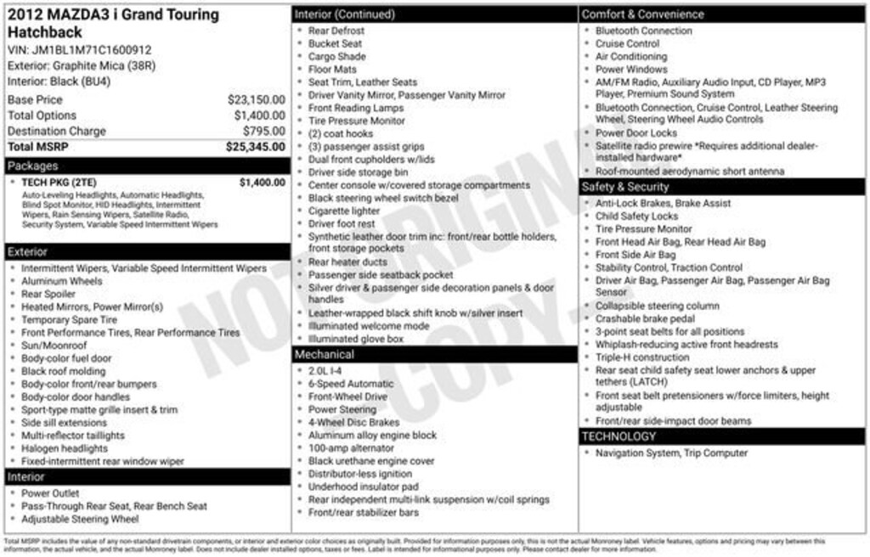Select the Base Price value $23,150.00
pos(256,99)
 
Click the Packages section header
pos(32,166)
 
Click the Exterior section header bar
pos(29,252)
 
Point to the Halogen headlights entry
pos(65,448)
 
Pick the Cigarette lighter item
pos(344,211)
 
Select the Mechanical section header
pos(325,354)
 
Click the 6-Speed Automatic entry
pos(351,384)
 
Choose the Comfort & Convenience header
pos(642,14)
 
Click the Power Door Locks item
pos(636,133)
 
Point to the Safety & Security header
pos(625,187)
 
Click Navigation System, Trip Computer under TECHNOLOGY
pos(671,453)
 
